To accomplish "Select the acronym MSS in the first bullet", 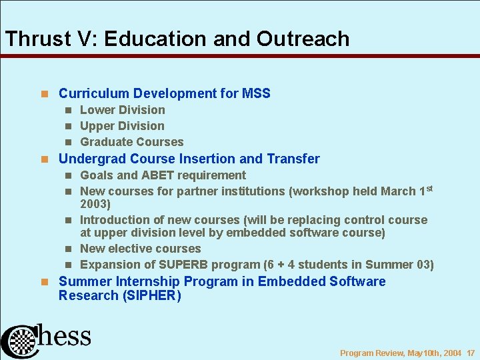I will (x=256, y=93).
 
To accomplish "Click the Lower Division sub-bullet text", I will (x=122, y=110).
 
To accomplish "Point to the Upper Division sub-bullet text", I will (x=121, y=126).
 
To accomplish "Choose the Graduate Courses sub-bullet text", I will (x=131, y=142).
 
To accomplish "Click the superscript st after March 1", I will (x=430, y=189).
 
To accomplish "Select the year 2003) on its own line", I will (x=95, y=204).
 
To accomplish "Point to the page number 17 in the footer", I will (x=470, y=353).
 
